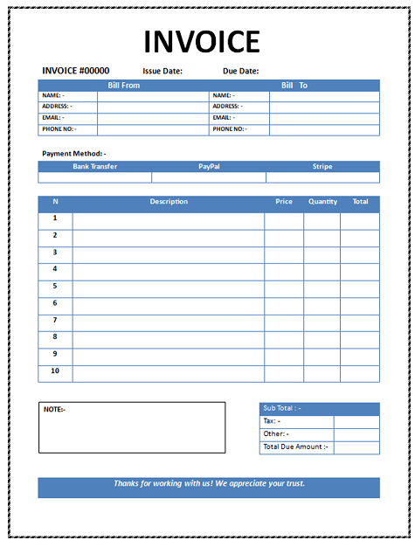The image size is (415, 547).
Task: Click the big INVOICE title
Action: pyautogui.click(x=202, y=41)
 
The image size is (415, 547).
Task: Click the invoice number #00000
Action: pyautogui.click(x=76, y=71)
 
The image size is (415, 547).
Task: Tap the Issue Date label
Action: pyautogui.click(x=163, y=71)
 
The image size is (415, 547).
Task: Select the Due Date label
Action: pyautogui.click(x=241, y=71)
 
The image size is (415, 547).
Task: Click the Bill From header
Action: pyautogui.click(x=123, y=86)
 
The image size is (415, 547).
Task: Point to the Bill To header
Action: pyautogui.click(x=294, y=86)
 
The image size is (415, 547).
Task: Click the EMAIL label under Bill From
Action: pyautogui.click(x=52, y=117)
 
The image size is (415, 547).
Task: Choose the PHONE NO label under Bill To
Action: pyautogui.click(x=229, y=128)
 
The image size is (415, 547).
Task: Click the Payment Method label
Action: pyautogui.click(x=74, y=153)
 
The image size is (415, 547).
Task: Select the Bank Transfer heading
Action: pyautogui.click(x=94, y=166)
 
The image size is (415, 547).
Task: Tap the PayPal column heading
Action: pyautogui.click(x=209, y=166)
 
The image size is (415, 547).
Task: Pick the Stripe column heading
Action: pyautogui.click(x=322, y=166)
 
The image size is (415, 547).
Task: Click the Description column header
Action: pyautogui.click(x=169, y=202)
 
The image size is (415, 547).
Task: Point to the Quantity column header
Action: pyautogui.click(x=322, y=202)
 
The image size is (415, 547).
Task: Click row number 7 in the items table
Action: pyautogui.click(x=55, y=320)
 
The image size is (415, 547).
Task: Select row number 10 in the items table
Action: pyautogui.click(x=55, y=370)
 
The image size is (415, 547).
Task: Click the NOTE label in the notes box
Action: pyautogui.click(x=54, y=409)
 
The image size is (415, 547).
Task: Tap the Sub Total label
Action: pyautogui.click(x=281, y=408)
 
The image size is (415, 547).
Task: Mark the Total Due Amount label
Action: pyautogui.click(x=295, y=447)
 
